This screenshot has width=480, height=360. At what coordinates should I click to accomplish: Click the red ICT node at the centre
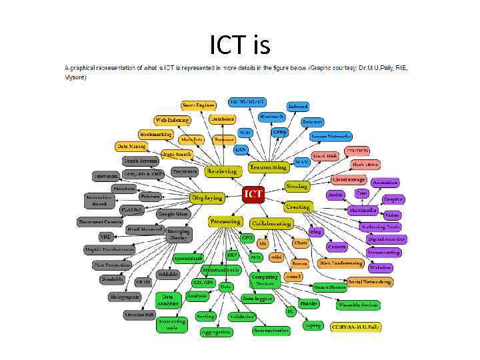[253, 194]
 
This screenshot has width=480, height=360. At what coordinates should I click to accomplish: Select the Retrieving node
[221, 171]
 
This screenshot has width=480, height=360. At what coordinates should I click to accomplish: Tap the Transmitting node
[268, 167]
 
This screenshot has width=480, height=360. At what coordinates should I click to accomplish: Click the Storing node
[296, 185]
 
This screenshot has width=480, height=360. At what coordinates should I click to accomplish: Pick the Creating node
[298, 207]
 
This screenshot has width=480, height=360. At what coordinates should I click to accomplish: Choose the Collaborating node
[271, 223]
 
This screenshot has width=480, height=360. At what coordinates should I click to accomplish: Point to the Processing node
[225, 221]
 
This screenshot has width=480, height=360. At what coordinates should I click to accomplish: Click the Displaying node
[207, 198]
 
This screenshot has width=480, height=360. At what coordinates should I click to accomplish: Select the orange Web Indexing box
[171, 120]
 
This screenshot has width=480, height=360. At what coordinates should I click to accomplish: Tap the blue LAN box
[241, 149]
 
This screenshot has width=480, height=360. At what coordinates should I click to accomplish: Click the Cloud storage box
[349, 179]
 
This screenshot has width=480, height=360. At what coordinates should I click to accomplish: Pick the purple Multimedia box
[363, 210]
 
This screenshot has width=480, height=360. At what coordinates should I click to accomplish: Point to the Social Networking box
[370, 282]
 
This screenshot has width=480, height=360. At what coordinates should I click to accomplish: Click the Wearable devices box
[357, 305]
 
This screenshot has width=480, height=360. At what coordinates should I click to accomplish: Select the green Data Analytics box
[169, 300]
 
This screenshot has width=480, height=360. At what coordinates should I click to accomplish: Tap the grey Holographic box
[123, 297]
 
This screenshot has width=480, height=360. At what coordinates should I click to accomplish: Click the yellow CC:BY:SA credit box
[356, 326]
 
